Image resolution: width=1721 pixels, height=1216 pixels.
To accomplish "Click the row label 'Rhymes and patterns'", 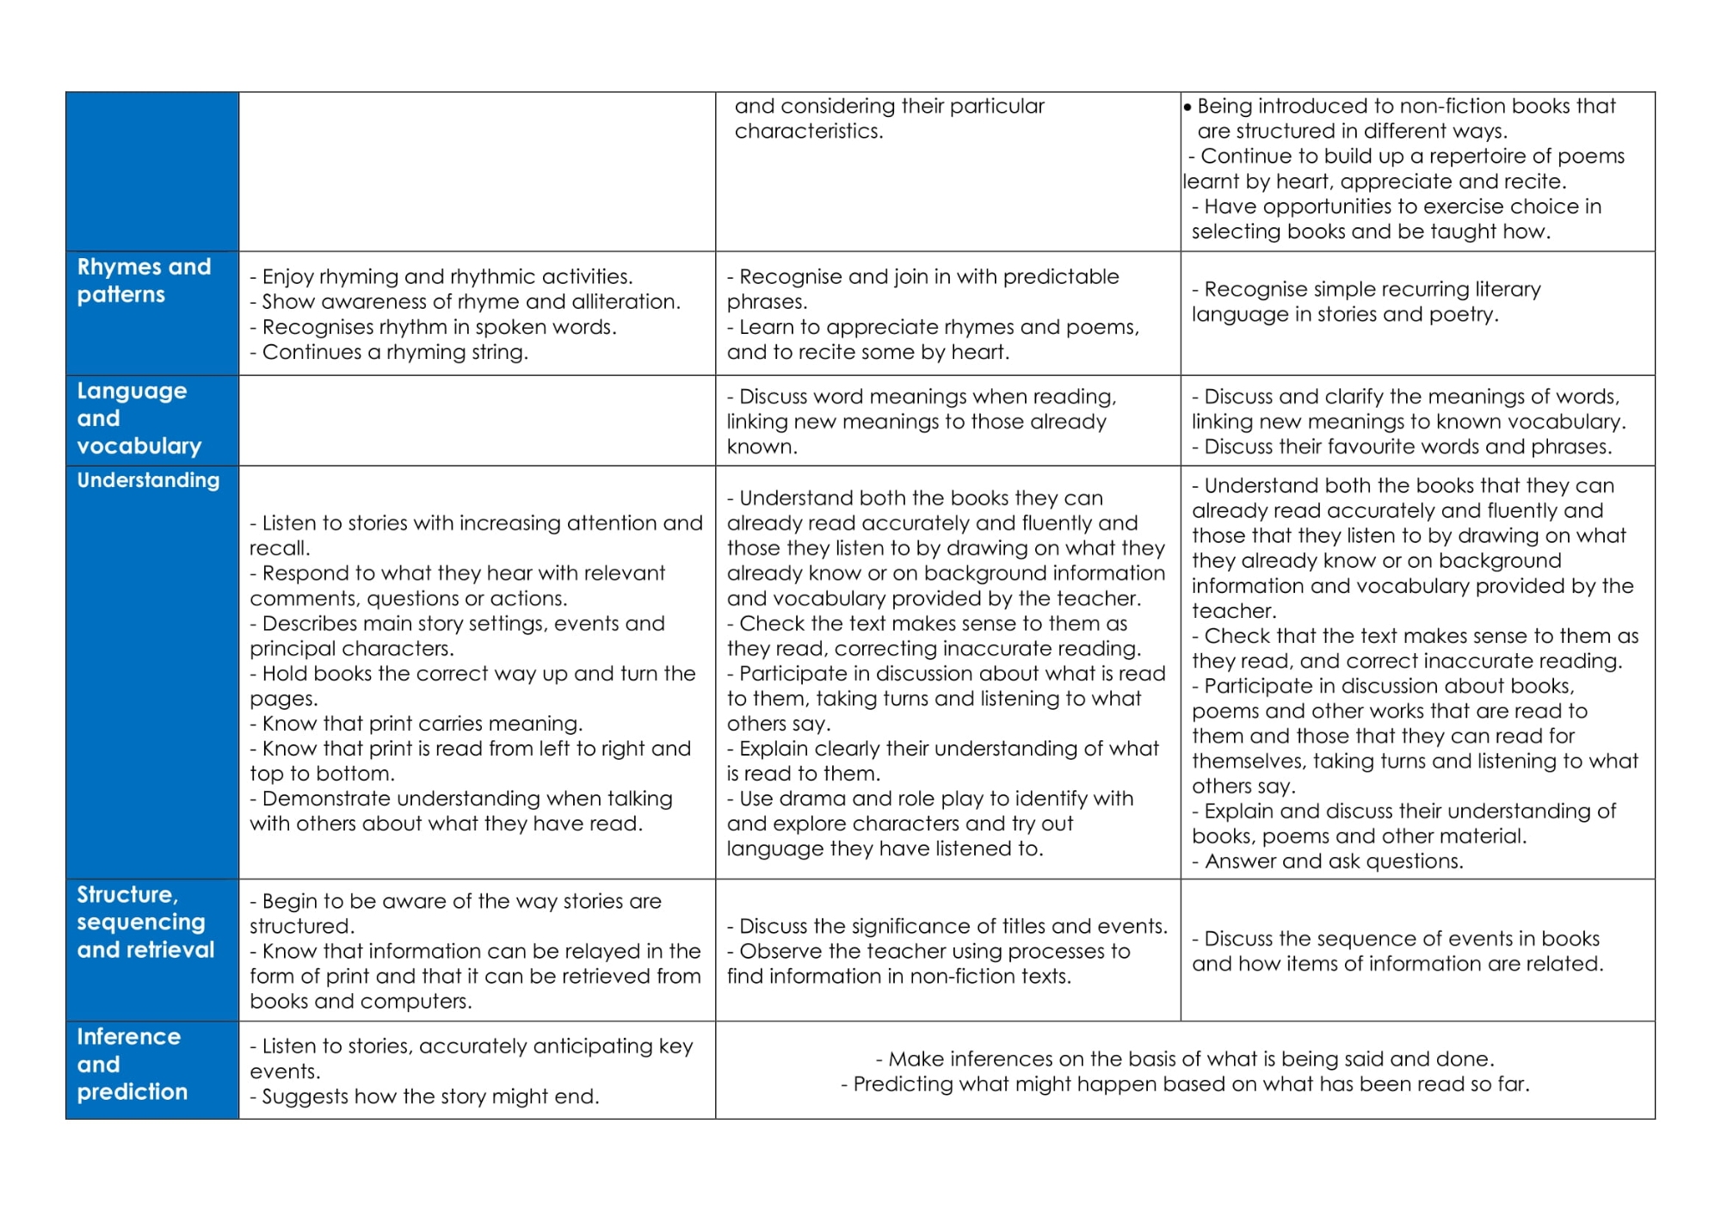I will coord(144,281).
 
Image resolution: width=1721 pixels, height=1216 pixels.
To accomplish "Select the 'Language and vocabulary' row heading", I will coord(139,418).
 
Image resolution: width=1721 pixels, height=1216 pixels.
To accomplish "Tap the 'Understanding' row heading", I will coord(148,480).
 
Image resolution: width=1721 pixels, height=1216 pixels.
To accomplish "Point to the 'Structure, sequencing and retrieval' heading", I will coord(145,922).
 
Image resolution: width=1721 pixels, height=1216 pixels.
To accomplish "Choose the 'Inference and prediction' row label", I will coord(132,1064).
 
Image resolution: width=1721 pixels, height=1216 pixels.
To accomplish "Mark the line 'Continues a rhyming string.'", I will coord(394,352).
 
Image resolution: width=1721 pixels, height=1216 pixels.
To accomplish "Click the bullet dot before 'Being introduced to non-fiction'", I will coord(1187,108).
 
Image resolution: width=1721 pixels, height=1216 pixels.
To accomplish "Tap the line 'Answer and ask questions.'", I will coord(1332,861).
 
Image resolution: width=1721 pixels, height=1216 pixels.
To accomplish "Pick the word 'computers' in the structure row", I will coord(417,1002).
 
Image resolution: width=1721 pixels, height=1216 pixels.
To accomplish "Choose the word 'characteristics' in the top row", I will coord(808,132).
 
